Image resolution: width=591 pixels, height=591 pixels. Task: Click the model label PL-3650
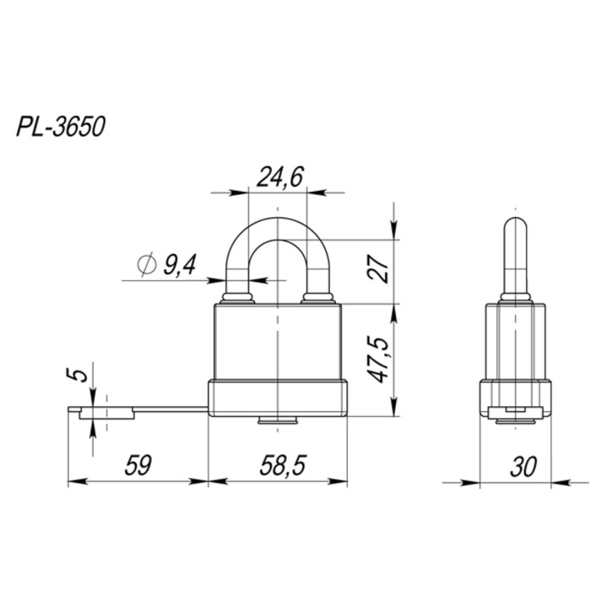(x=59, y=128)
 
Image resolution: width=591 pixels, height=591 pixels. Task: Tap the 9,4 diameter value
(x=179, y=266)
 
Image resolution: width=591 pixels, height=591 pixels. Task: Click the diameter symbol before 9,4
(x=146, y=266)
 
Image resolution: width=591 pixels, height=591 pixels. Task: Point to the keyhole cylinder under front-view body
(x=278, y=420)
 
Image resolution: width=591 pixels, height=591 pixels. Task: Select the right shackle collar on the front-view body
(x=318, y=297)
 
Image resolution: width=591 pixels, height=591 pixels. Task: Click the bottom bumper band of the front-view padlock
(x=278, y=399)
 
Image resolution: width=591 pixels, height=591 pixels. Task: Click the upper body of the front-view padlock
(x=278, y=342)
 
